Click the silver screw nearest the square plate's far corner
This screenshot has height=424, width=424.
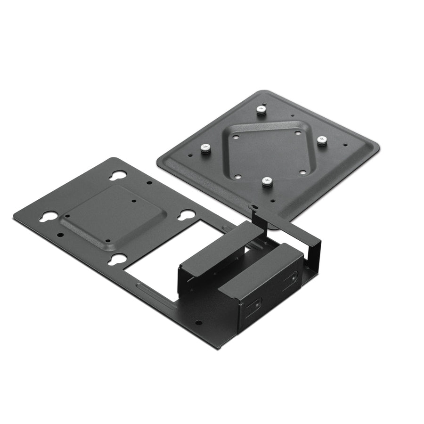[261, 110]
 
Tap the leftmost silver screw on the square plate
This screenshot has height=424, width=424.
[204, 148]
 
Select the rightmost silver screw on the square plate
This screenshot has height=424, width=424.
[322, 140]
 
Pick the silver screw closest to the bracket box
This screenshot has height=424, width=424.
[267, 181]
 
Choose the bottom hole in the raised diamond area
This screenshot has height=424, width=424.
[238, 177]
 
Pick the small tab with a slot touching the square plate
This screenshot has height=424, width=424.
[255, 207]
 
